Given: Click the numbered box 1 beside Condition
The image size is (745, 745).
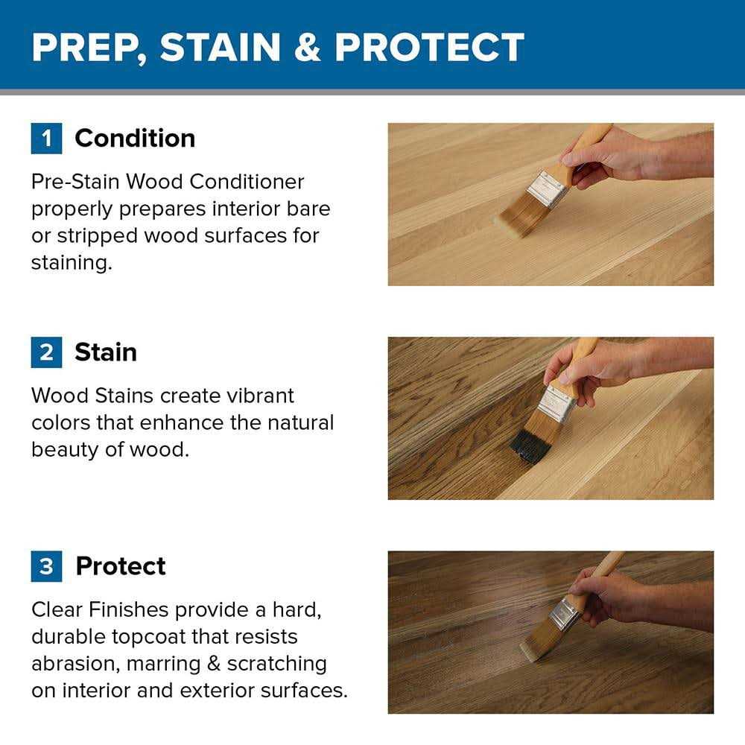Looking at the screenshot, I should (x=46, y=139).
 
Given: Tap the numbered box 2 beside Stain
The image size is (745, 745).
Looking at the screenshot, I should (x=46, y=352).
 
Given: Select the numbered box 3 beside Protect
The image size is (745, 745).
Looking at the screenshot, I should (x=46, y=566).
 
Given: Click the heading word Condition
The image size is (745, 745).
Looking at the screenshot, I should (x=135, y=139).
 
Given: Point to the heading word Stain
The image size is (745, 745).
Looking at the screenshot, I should (x=106, y=352).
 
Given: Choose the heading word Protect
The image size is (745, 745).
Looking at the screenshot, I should (x=121, y=566).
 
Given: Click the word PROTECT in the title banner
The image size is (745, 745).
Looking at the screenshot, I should (x=429, y=48).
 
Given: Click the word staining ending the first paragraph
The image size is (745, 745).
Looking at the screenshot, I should (x=71, y=262).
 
